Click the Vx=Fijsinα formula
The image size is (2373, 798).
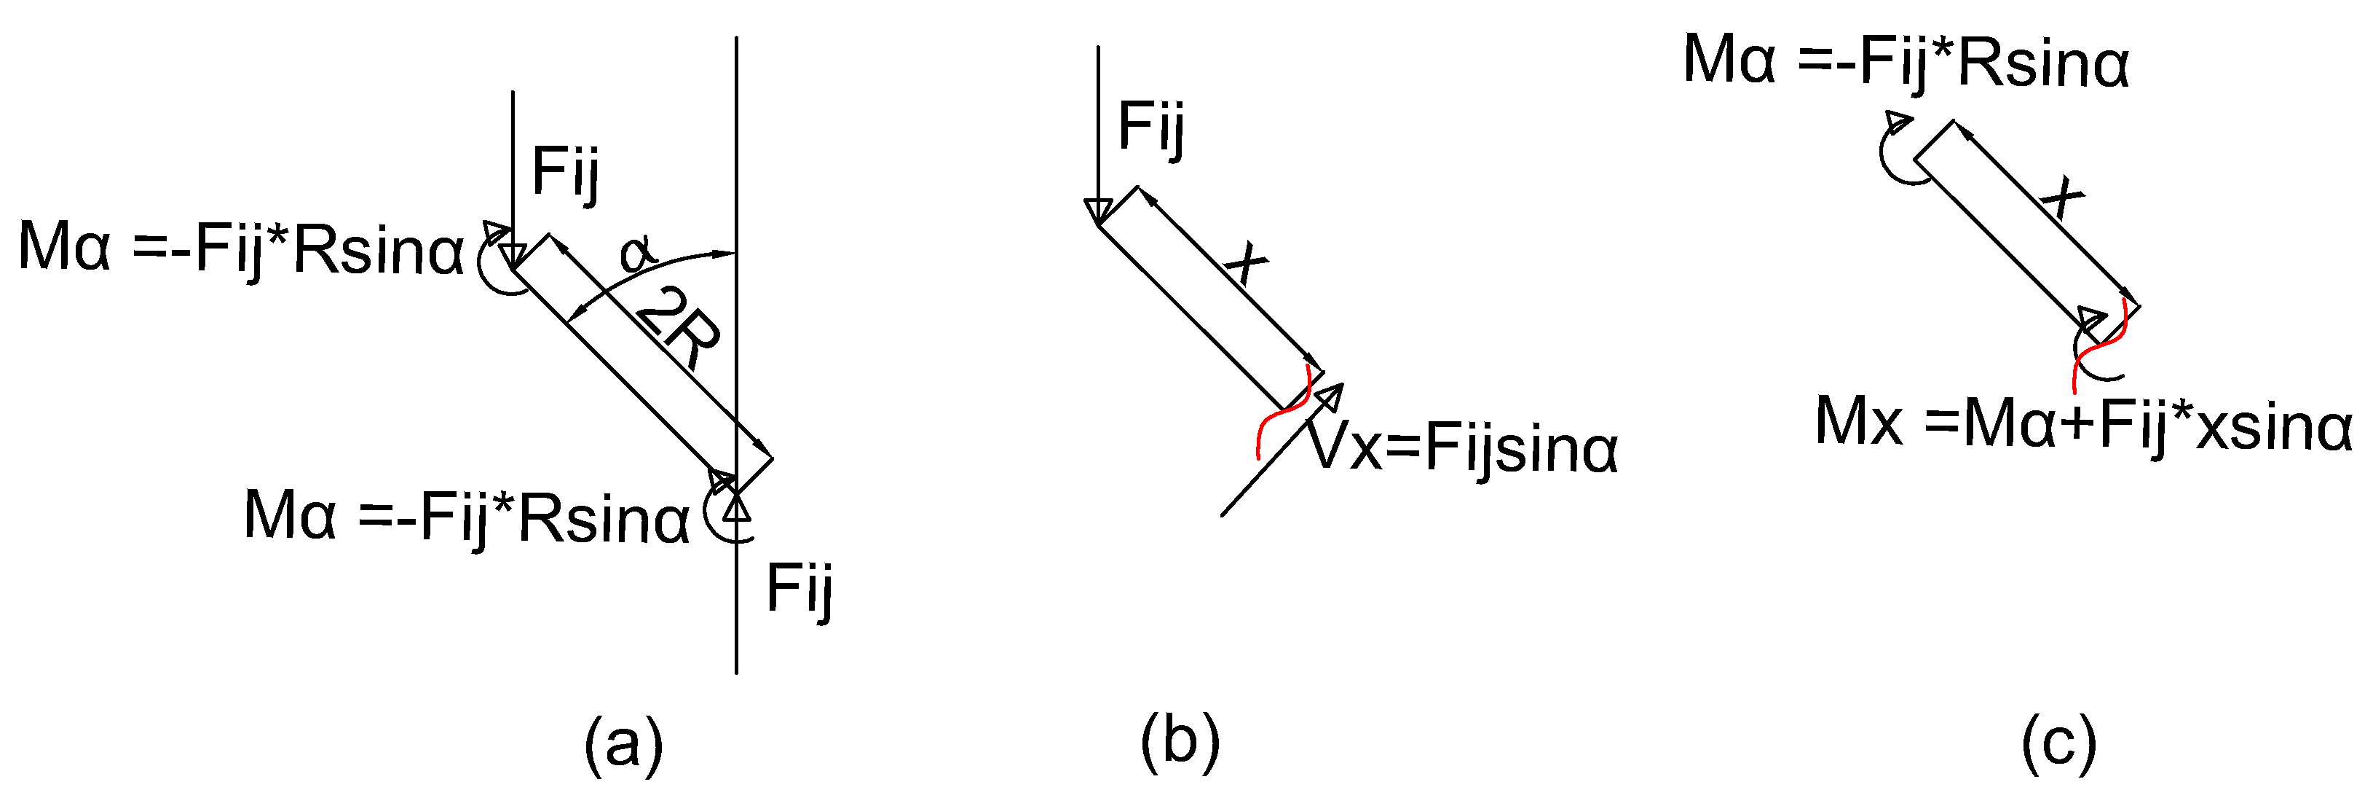[1464, 450]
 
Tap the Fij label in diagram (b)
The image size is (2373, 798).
[1150, 126]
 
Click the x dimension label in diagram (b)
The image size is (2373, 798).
[1247, 262]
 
